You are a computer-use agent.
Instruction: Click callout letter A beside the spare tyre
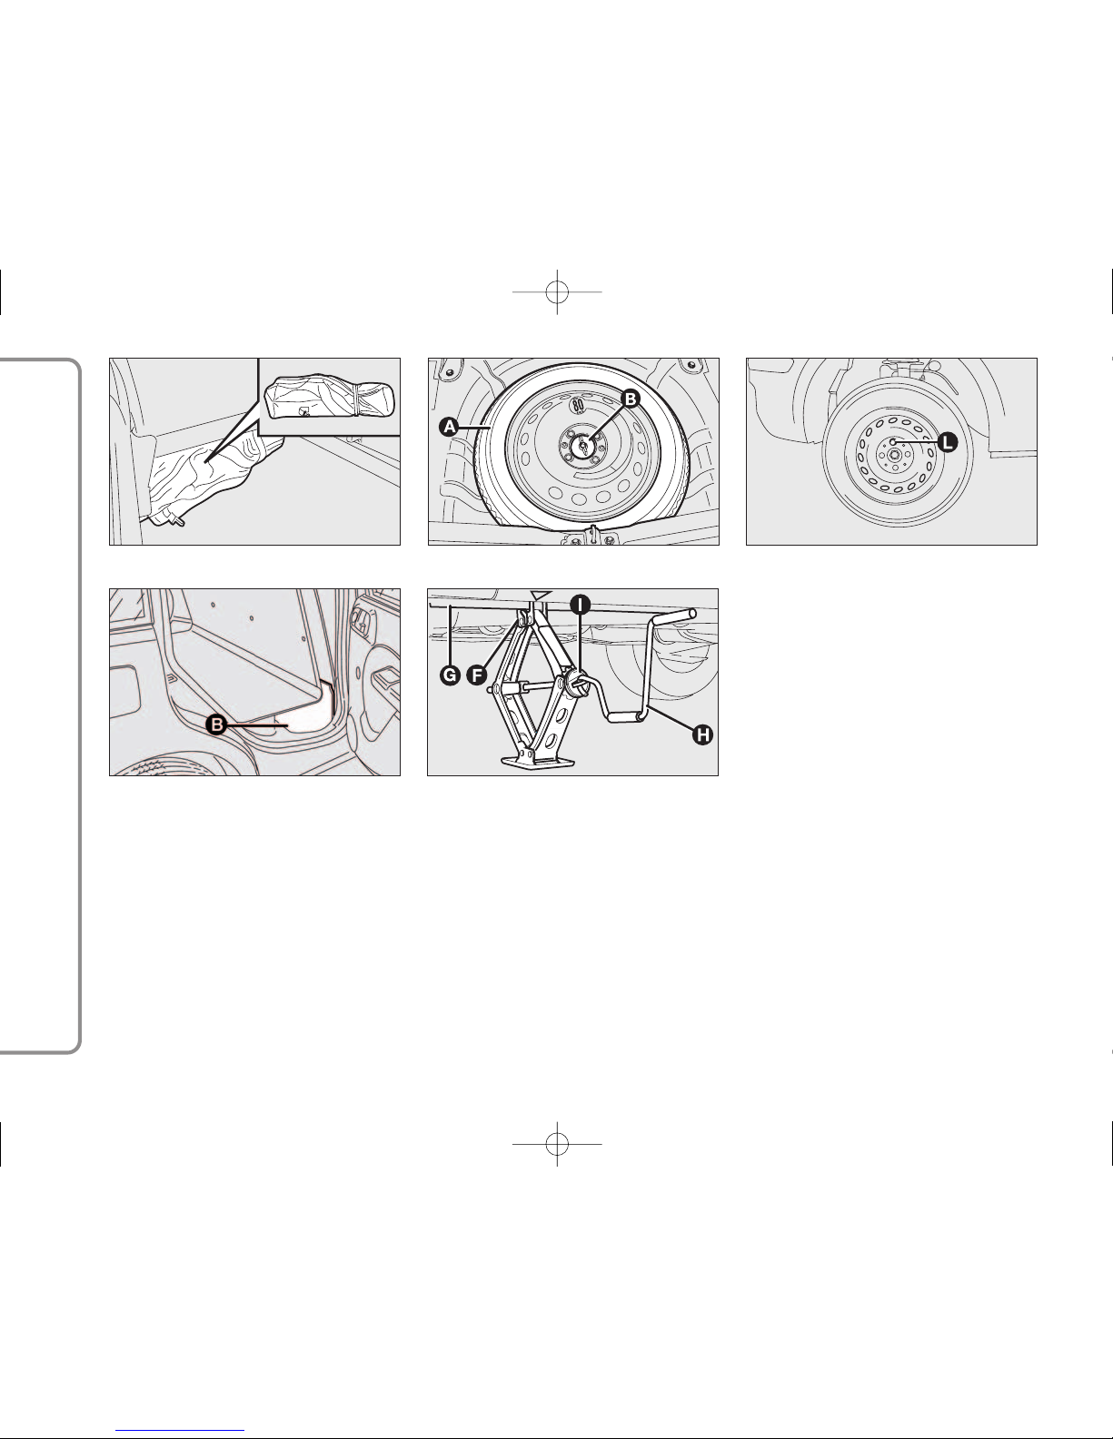449,427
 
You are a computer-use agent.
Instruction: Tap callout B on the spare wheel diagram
631,399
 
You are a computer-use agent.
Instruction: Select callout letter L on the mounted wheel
948,442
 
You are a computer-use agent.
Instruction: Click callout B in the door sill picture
216,724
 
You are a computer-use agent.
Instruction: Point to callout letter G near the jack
450,675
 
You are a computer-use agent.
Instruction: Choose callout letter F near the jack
476,675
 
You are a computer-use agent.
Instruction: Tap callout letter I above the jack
580,604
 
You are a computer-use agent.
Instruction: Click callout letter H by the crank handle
702,734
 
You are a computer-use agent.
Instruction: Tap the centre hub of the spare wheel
582,445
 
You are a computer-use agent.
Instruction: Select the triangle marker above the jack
541,595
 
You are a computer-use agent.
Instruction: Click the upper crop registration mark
557,291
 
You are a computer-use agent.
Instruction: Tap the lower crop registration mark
557,1144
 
